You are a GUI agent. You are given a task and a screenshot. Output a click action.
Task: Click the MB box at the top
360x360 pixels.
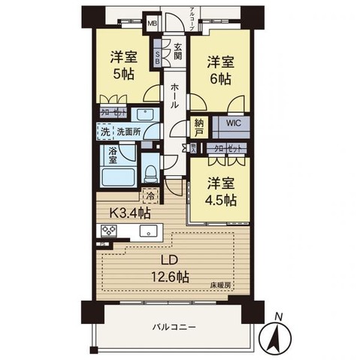point(153,23)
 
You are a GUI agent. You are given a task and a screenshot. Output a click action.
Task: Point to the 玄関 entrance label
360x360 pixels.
point(177,50)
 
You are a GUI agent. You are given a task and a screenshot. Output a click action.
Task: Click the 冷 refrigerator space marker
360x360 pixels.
point(150,197)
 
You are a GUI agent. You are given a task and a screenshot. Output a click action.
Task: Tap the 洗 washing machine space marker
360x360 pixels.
point(107,132)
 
